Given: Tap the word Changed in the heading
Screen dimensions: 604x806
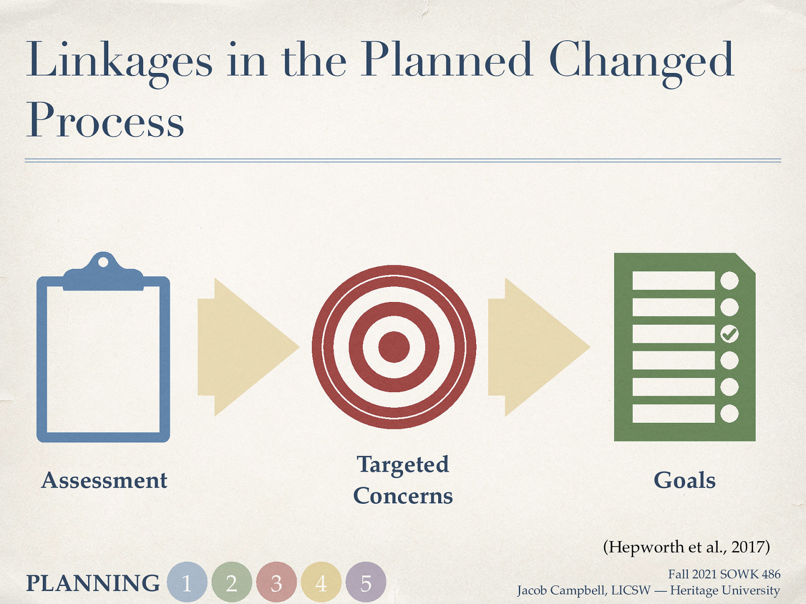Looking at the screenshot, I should point(641,61).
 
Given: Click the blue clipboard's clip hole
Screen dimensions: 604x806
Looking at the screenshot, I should point(103,262).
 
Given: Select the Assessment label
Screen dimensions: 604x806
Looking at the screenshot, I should point(104,480).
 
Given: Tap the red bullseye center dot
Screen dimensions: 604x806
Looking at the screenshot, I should point(393,347).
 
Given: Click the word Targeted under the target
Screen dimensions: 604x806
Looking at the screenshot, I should point(402,465).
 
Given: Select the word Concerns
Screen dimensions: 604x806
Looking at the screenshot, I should point(402,496).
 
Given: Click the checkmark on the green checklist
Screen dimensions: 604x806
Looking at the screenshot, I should point(729,334).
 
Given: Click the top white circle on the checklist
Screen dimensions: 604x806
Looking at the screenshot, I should point(729,280).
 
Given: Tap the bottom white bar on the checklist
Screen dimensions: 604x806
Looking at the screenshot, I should point(673,413).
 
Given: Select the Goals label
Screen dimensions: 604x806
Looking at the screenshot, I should point(684,480).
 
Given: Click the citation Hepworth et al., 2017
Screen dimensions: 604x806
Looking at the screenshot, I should point(686,547).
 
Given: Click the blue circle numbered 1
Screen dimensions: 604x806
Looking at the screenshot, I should point(187,582).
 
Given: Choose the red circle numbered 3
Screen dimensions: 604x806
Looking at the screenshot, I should point(276,582).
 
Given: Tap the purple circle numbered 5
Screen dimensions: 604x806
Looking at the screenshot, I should point(366,582).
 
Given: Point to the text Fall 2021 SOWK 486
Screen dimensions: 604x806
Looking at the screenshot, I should point(724,574).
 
